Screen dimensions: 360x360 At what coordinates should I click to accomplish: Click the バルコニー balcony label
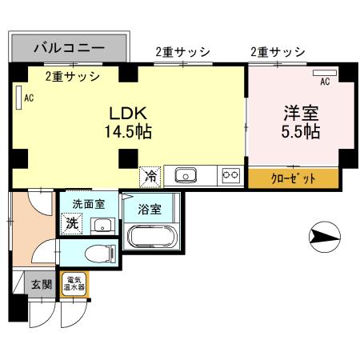pos(69,47)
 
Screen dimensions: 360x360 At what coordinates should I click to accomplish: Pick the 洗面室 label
pos(88,204)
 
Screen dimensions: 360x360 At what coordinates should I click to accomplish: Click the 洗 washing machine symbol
pos(71,224)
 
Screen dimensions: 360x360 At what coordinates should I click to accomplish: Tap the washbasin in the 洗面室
pos(102,225)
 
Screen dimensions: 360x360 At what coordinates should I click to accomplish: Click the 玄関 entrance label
pos(41,283)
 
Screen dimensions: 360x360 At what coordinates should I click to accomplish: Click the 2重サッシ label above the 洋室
pos(278,52)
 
